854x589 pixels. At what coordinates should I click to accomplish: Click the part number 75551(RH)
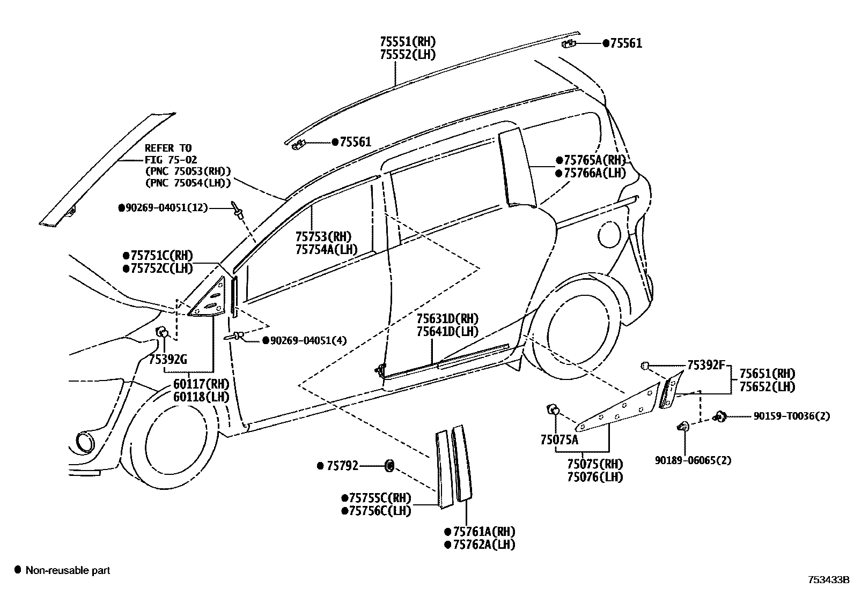tap(407, 41)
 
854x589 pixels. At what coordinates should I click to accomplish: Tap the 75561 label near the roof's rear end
tap(625, 44)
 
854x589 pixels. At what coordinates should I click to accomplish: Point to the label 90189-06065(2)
tap(693, 460)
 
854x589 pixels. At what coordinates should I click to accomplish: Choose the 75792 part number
tap(342, 466)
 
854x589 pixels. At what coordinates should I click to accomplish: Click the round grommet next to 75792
tap(389, 466)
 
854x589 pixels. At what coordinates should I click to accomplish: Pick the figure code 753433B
tap(829, 580)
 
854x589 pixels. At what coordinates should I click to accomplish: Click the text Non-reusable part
tap(68, 570)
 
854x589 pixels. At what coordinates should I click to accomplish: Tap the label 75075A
tap(559, 440)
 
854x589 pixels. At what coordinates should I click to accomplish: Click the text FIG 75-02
tap(171, 159)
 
